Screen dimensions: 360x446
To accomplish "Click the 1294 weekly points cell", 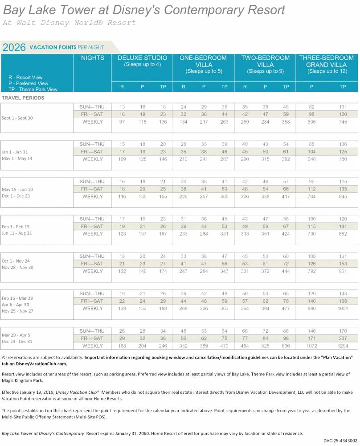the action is [343, 346].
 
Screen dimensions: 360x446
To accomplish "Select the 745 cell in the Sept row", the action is [343, 122].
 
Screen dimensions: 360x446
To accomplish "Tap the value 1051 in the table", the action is [343, 308].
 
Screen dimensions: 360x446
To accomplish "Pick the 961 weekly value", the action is [343, 271].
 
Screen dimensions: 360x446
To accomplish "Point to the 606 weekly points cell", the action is [311, 122].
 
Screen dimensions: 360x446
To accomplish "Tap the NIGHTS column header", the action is [93, 58].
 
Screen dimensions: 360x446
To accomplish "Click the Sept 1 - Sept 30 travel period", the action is [17, 118].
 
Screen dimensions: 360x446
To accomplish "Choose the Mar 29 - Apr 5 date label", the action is [16, 335].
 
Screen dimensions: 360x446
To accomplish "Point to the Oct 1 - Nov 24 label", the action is [16, 261].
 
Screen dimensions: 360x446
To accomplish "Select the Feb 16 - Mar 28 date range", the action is [17, 298].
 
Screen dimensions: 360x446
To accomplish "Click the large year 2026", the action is [14, 47].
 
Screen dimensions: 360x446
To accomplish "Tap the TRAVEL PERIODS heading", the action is [23, 98].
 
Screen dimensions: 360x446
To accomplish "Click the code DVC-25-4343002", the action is [340, 441].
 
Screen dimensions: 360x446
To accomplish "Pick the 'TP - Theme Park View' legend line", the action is [33, 89].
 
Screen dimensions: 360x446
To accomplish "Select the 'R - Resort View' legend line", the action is [25, 77].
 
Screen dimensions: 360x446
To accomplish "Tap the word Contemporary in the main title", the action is [204, 10].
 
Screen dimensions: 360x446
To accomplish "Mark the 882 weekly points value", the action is [343, 234].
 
